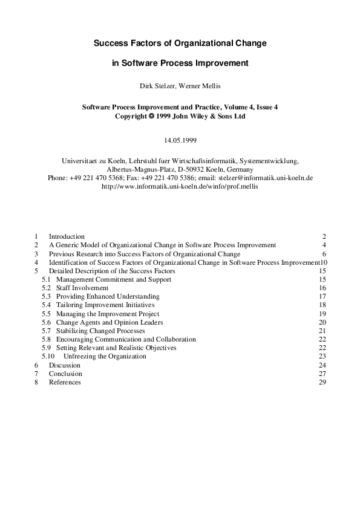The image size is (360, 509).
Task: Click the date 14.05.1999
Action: point(180,140)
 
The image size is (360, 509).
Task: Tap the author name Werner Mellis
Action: point(199,85)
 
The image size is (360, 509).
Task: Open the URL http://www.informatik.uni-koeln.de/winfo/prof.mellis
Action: point(180,187)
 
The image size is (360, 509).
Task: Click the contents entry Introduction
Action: point(67,236)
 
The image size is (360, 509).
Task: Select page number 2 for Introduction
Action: point(324,236)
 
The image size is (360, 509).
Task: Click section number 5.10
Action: point(48,357)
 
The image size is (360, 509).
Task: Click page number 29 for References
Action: point(322,382)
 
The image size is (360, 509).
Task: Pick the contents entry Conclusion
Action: point(65,374)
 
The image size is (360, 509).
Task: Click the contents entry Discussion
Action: point(64,365)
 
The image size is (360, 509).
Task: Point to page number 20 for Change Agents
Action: point(322,323)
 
